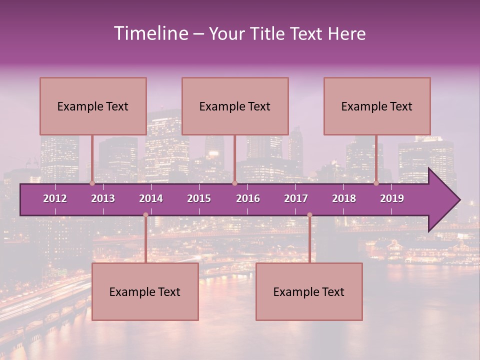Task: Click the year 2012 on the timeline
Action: [55, 198]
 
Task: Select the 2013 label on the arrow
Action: [103, 198]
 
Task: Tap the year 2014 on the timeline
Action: [151, 198]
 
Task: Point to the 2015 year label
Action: [199, 198]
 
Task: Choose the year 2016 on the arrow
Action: [248, 198]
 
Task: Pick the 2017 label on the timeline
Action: [296, 198]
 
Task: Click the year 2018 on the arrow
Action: [344, 198]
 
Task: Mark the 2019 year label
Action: [392, 198]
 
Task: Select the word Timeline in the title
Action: [150, 33]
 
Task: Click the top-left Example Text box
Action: [93, 106]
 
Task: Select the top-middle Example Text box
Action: [235, 106]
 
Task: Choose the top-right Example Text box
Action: [377, 106]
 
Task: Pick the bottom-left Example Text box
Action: [145, 292]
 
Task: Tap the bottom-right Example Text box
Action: [309, 292]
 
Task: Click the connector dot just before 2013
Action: [92, 183]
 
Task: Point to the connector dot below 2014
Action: [145, 215]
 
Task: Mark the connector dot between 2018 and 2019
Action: [376, 183]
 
